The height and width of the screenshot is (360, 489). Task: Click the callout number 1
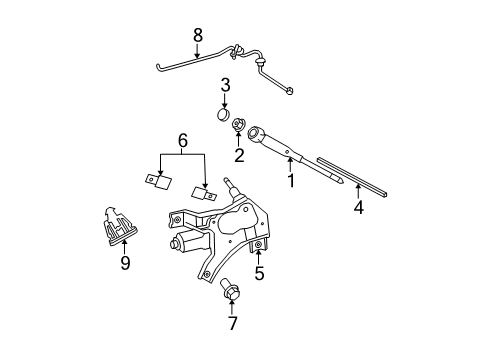click(x=291, y=182)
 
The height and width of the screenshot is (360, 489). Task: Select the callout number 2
click(x=239, y=155)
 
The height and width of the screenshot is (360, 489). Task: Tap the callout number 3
click(x=226, y=85)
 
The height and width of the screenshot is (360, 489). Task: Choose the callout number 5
click(x=258, y=274)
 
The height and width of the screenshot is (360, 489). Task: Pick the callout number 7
click(x=232, y=323)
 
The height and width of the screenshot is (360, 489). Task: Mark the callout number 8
click(x=198, y=34)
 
